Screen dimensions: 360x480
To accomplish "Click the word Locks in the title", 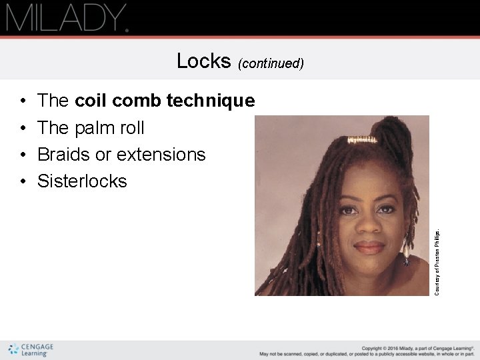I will point(203,61).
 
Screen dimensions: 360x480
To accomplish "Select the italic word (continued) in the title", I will point(271,63).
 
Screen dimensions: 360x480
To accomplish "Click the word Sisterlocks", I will point(82,181).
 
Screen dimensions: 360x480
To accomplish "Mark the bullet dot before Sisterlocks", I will point(23,181).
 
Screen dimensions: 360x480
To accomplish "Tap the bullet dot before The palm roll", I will point(23,128).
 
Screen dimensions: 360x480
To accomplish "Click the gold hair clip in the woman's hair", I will point(363,139).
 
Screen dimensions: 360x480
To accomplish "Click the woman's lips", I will point(370,248).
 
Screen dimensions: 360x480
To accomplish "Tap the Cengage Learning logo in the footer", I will point(31,349).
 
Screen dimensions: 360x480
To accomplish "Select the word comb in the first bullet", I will point(139,101).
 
